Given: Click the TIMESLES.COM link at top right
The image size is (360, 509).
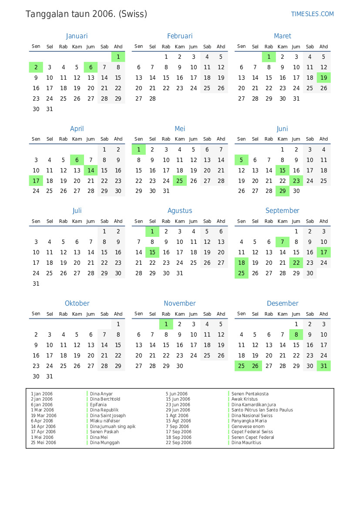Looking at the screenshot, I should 312,14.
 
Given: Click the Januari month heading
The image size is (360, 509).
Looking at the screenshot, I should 77,36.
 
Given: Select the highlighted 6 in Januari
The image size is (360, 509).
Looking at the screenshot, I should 91,67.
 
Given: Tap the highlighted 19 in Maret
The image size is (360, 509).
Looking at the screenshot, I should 323,78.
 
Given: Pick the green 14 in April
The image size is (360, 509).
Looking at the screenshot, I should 91,170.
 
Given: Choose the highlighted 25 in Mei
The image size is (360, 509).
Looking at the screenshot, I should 180,181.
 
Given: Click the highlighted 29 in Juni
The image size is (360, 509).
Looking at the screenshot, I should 283,191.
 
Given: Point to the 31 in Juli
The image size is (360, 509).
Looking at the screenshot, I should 36,283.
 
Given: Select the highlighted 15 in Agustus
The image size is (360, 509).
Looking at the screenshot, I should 152,252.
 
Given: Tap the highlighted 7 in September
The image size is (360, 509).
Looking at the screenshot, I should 283,242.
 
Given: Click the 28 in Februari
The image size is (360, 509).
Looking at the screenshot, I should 152,98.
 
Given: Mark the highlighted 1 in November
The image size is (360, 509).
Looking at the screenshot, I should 166,324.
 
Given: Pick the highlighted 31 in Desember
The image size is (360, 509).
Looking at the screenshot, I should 323,366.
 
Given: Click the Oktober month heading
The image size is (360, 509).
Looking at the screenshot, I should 77,303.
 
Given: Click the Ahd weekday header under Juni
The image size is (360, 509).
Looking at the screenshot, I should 323,139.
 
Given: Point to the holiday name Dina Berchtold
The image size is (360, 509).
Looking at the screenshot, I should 105,399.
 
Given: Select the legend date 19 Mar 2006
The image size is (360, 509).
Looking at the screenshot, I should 44,415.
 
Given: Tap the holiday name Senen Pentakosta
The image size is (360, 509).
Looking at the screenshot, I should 250,394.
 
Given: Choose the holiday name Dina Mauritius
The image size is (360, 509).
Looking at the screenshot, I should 246,442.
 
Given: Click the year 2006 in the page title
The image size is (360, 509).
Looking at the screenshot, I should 104,14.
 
